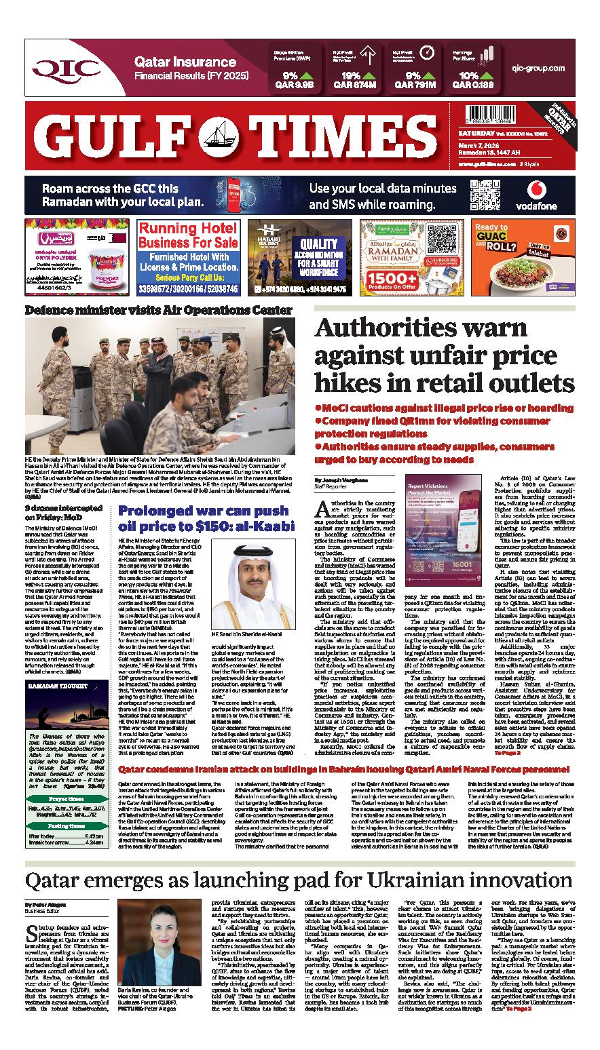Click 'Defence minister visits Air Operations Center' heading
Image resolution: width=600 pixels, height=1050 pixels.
pyautogui.click(x=159, y=310)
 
